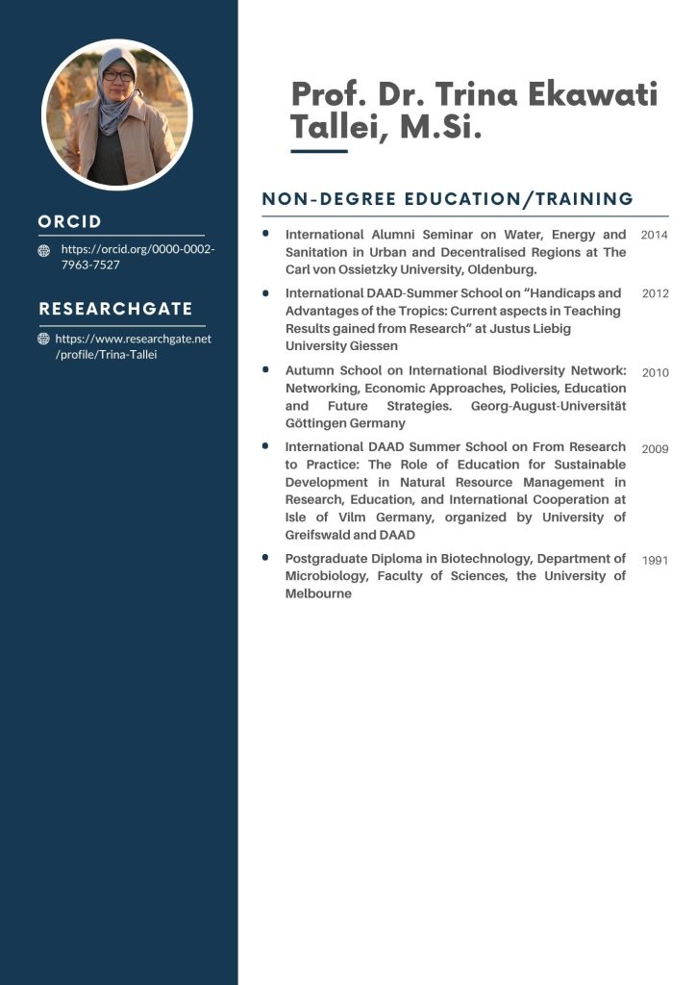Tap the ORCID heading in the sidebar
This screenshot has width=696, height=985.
click(x=69, y=221)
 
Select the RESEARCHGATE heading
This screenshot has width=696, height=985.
click(x=115, y=309)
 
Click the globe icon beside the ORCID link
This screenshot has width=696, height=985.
click(x=44, y=251)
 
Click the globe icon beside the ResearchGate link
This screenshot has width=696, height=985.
click(x=44, y=340)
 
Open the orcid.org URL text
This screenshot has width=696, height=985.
click(x=137, y=257)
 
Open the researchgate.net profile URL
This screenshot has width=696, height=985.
click(x=133, y=347)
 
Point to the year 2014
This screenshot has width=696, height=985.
click(x=654, y=235)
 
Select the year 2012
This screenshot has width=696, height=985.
click(x=655, y=293)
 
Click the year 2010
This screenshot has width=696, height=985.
click(x=655, y=372)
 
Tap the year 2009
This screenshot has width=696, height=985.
click(x=654, y=448)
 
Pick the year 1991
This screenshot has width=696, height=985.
click(x=655, y=561)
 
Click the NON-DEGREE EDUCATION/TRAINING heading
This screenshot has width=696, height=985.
click(x=448, y=199)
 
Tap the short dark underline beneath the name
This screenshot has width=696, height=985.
click(x=318, y=151)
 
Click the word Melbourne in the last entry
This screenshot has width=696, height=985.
click(x=318, y=594)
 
